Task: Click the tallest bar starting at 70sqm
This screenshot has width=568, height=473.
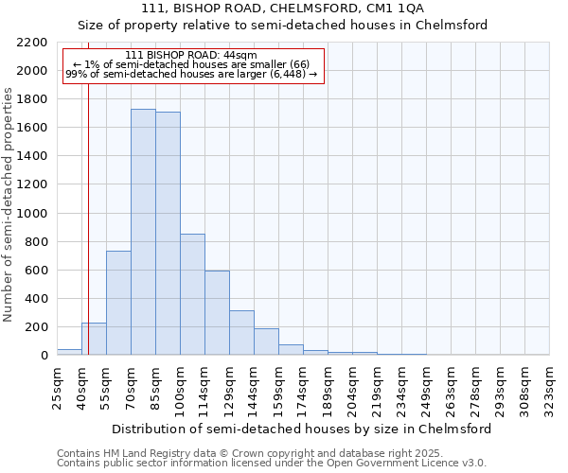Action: tap(143, 232)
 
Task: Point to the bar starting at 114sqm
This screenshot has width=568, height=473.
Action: tap(217, 313)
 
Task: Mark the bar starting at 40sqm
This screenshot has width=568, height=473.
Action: tap(94, 339)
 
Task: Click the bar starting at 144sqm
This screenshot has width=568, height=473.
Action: tap(266, 342)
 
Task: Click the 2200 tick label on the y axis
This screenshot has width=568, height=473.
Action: tap(31, 43)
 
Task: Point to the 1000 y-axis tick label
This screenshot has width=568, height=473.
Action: tap(31, 214)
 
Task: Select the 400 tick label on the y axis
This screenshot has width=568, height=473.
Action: tap(35, 299)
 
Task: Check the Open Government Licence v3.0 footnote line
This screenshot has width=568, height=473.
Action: tap(272, 464)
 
